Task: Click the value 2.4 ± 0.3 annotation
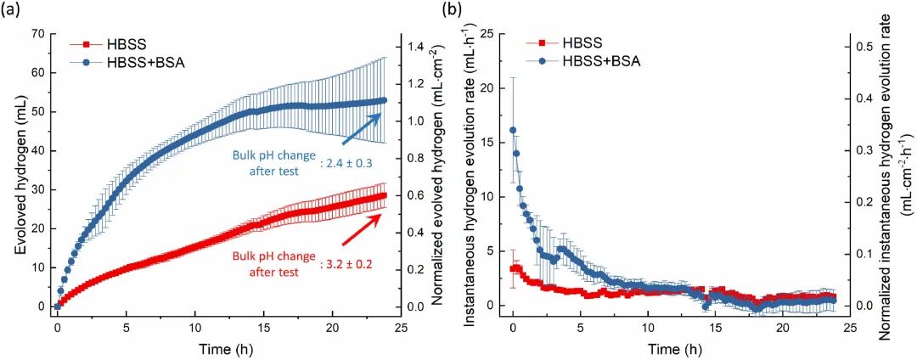click(x=348, y=159)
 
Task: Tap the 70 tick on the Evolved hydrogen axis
click(x=37, y=33)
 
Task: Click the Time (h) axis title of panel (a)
click(x=222, y=348)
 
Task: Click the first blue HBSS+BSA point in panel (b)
click(x=513, y=131)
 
